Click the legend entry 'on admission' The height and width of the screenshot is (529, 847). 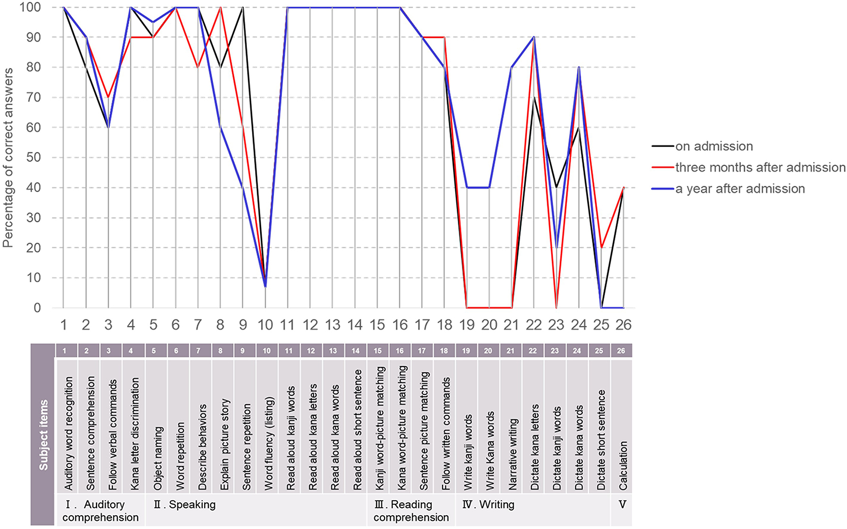[714, 146]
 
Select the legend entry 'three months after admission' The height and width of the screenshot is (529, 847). [760, 168]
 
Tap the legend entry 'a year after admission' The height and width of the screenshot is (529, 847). [740, 189]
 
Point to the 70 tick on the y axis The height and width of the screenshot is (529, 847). [34, 97]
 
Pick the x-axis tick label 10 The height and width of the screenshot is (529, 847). [265, 325]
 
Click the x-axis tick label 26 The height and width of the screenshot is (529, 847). [623, 325]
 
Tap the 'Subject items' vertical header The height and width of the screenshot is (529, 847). [43, 435]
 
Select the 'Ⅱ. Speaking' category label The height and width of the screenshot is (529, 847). [185, 505]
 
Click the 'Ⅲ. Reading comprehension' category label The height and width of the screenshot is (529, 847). [411, 511]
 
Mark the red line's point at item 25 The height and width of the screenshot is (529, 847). [601, 248]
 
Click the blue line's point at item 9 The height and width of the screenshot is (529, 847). [243, 188]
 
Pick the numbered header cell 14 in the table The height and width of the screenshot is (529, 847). [356, 350]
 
